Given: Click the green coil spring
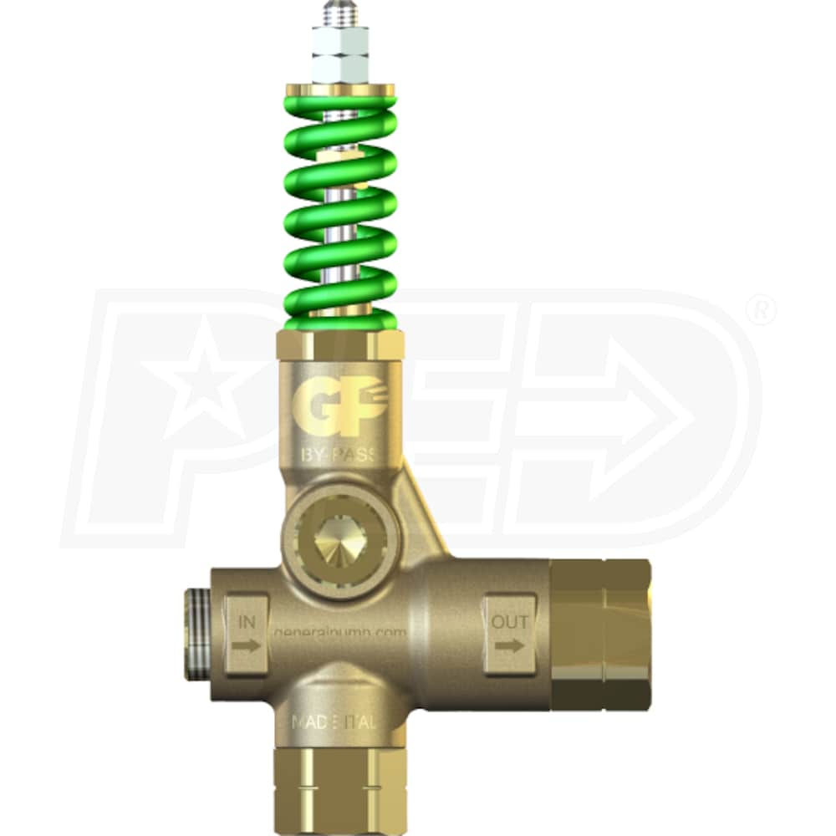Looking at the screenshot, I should (340, 209).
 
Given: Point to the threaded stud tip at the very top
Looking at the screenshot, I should (340, 13).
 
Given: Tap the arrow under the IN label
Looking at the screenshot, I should (247, 645).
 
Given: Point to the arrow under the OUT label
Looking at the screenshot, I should (509, 645).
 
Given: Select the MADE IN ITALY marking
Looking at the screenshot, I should (339, 721).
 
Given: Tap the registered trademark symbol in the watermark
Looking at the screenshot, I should (759, 311).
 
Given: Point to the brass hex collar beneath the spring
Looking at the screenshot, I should (340, 344).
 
